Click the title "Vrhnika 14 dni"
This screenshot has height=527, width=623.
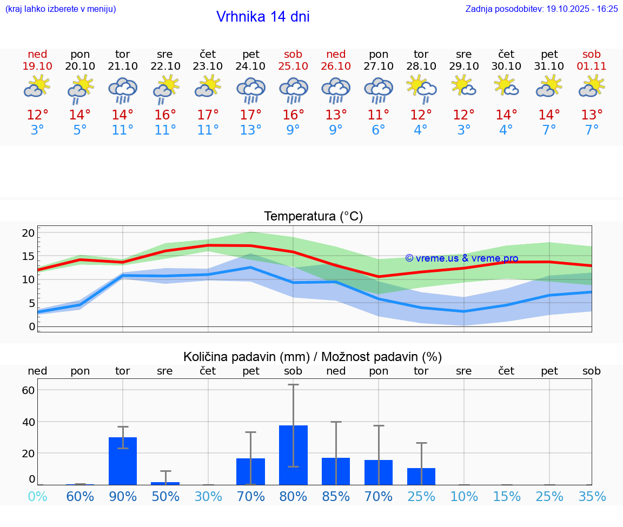pos(263,17)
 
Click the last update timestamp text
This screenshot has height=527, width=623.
pos(541,9)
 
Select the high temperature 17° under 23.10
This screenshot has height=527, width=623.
pos(208,115)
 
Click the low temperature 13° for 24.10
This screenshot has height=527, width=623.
pos(250,130)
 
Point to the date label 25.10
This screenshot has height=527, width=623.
pos(293,66)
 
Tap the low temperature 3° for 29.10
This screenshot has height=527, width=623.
pos(463,130)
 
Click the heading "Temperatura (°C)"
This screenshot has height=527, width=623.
pos(313,217)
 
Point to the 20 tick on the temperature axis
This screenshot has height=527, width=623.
pos(28,233)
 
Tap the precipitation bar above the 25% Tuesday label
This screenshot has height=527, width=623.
pos(421,476)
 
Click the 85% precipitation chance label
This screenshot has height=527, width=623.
pos(336,496)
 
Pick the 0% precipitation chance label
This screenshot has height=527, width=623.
pos(37,496)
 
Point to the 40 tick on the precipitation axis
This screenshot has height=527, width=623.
pos(28,422)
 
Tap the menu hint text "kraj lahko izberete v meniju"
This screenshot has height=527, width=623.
pos(61,9)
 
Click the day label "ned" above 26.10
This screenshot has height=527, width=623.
pos(336,54)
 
